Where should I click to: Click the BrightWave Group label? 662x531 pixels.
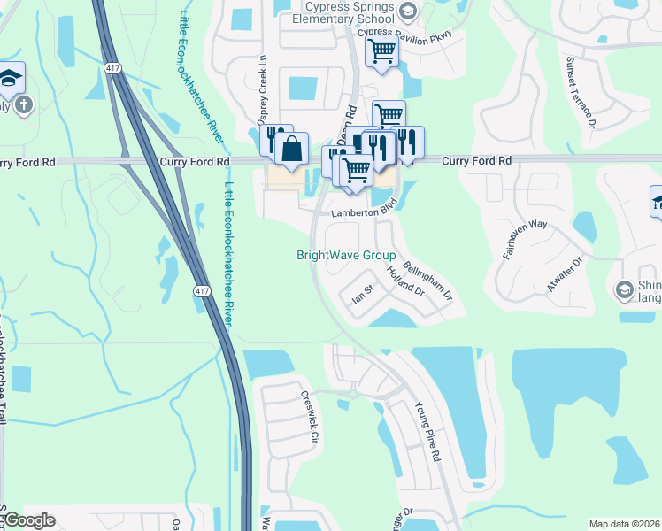[345, 256]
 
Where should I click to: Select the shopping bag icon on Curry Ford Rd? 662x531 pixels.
[291, 150]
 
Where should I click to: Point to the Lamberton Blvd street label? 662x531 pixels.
[361, 212]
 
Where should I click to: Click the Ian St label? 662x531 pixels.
[364, 292]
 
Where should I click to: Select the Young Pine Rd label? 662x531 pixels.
[427, 432]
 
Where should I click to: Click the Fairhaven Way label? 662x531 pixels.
[520, 240]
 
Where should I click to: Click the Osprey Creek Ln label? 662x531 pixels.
[262, 96]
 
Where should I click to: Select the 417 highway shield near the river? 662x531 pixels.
[203, 290]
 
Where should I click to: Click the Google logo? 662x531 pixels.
[30, 520]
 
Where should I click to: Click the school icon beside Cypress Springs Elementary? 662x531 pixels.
[407, 11]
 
